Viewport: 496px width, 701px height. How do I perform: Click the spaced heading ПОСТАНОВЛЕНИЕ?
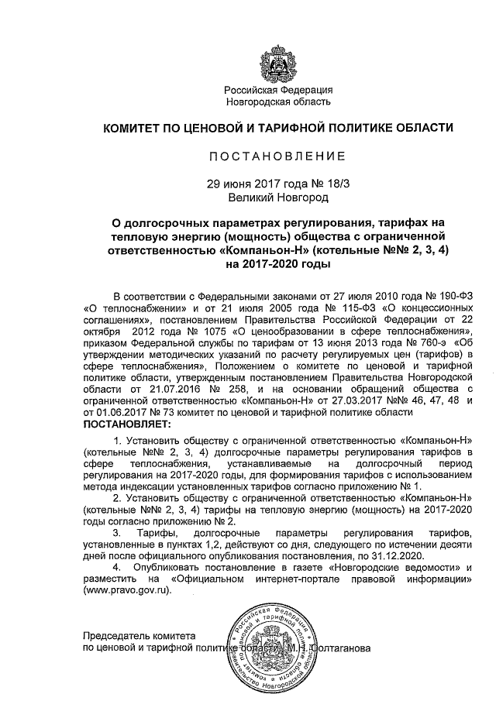pos(277,156)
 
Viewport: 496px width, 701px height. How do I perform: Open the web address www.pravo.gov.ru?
pos(132,590)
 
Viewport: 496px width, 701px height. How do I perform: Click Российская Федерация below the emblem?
pos(277,90)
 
